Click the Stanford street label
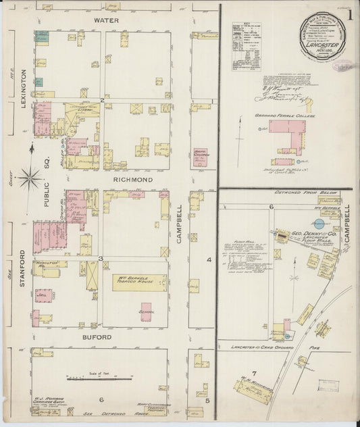click(x=22, y=269)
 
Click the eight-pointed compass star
click(x=29, y=179)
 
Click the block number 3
click(x=101, y=259)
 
